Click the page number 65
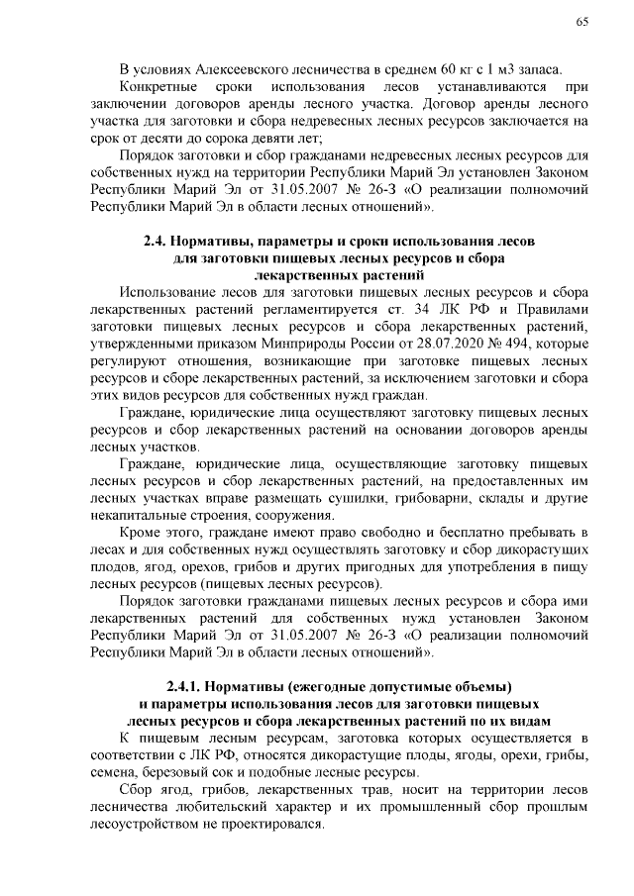point(581,24)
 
